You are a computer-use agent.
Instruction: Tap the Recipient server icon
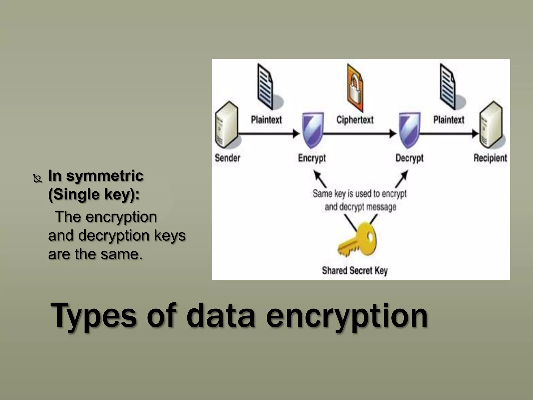point(491,125)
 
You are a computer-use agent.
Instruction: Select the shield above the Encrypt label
point(313,130)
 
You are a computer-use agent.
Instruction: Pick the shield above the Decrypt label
point(410,130)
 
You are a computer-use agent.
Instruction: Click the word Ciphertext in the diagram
point(355,120)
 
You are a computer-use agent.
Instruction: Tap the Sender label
point(227,158)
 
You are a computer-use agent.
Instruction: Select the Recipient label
point(490,158)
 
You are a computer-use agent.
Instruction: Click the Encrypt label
point(312,158)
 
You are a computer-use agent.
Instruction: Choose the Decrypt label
point(409,158)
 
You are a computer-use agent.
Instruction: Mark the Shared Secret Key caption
point(355,271)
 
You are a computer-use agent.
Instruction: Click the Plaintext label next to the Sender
point(266,120)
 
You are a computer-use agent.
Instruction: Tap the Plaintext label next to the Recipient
point(449,120)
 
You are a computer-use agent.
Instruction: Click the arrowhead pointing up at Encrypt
point(316,174)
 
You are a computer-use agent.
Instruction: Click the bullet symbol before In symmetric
point(38,179)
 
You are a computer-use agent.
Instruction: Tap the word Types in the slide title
point(94,316)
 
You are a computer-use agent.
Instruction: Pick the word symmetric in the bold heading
point(105,176)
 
